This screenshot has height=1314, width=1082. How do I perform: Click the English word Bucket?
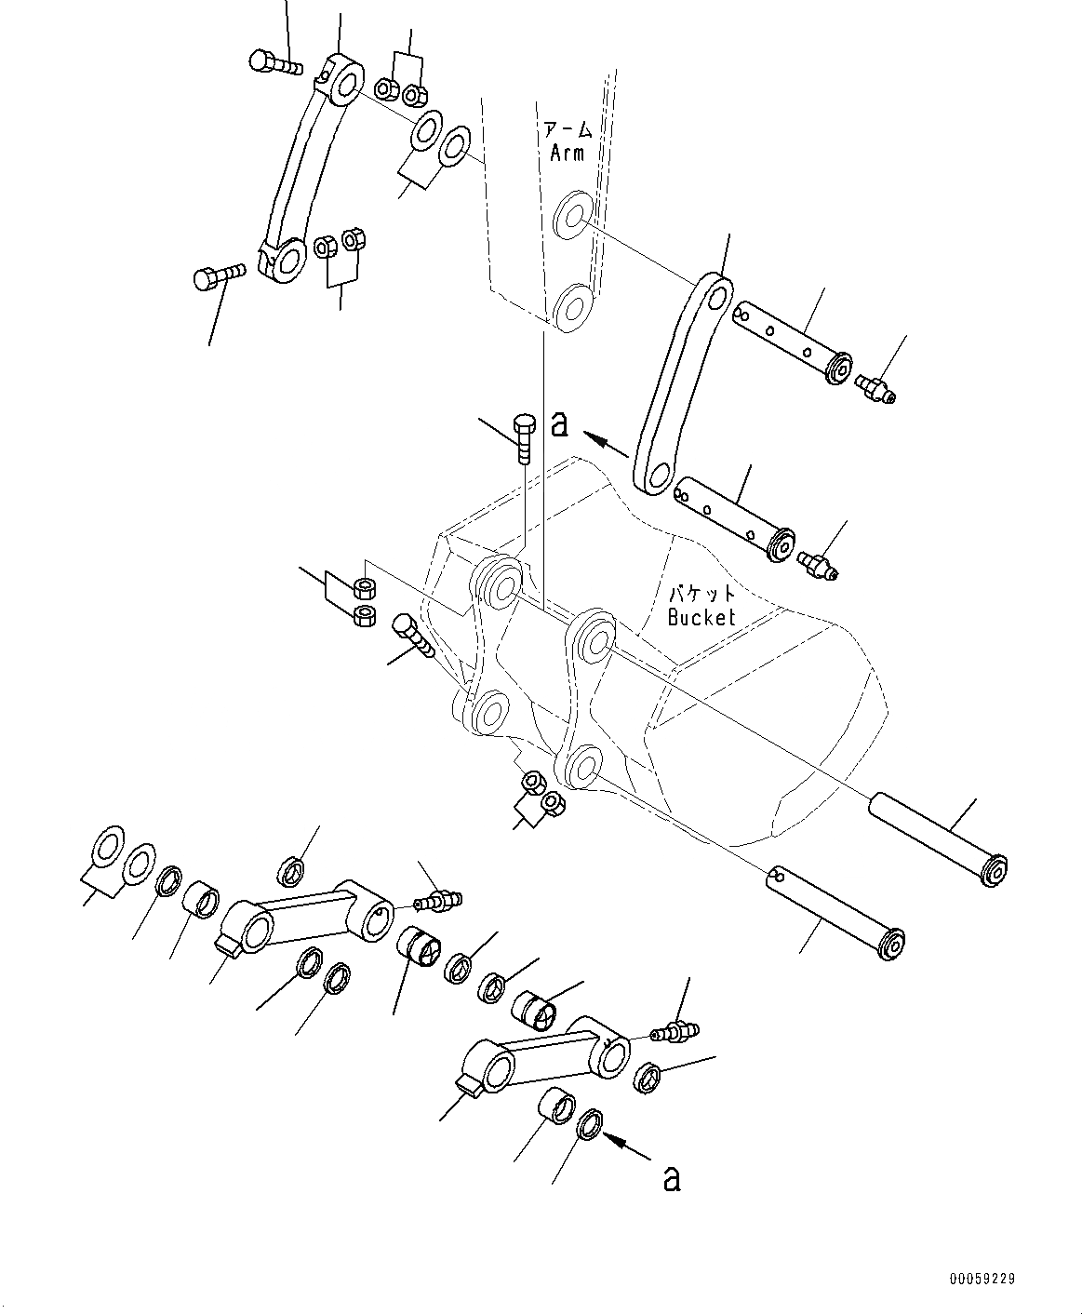701,616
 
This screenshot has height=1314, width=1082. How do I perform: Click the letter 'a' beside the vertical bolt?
558,424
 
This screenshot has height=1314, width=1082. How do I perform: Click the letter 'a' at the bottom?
671,1178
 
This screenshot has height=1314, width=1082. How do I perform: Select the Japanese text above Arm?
567,129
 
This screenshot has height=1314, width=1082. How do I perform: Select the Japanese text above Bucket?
701,593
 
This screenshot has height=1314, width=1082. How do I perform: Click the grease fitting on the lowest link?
674,1031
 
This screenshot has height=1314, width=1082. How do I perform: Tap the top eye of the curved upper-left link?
344,79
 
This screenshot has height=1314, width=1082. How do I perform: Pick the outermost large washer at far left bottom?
107,847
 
